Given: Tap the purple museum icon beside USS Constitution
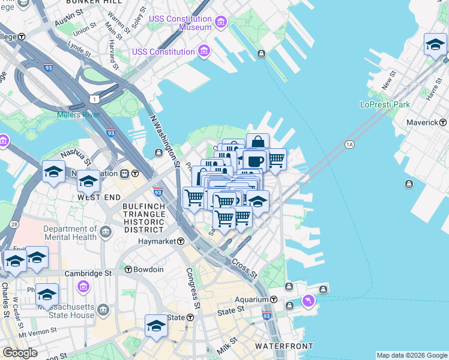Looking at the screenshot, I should [x=205, y=50].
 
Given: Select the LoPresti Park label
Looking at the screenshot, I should [x=385, y=104].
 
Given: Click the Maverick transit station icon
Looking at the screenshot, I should [x=444, y=122].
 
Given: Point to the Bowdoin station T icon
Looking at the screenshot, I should [x=128, y=269].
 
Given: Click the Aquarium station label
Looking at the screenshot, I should [x=252, y=299].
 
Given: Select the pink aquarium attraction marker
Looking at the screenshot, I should [x=309, y=299].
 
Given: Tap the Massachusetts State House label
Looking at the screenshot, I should [x=65, y=311].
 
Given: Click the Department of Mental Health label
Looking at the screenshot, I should [x=70, y=233].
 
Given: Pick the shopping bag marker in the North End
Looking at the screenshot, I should [x=258, y=143].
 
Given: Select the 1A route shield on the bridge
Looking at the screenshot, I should [x=350, y=144].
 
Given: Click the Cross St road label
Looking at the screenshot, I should [x=244, y=269].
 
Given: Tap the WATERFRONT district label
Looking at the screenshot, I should [x=284, y=346].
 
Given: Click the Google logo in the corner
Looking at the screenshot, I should [x=20, y=352].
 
